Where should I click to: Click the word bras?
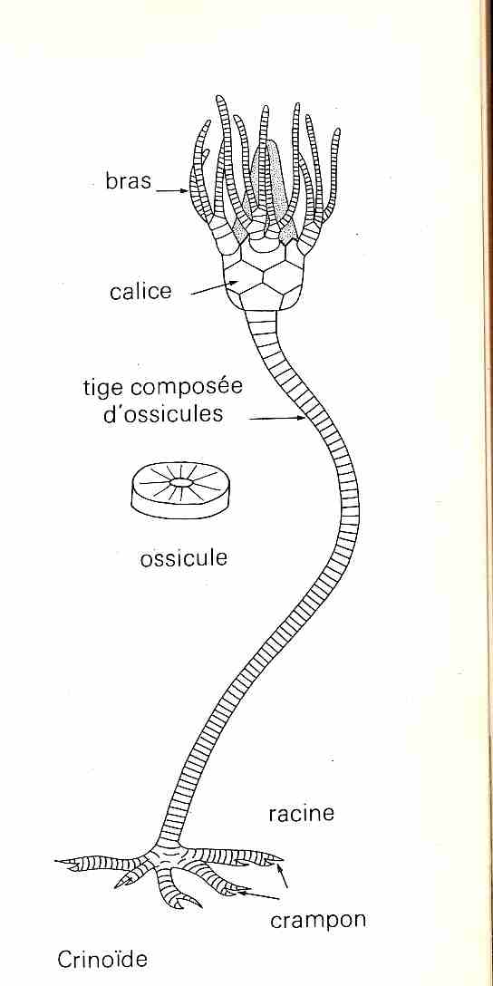pyautogui.click(x=129, y=181)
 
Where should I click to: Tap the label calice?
pyautogui.click(x=140, y=292)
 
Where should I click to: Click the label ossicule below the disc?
pyautogui.click(x=183, y=558)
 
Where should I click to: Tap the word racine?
pyautogui.click(x=301, y=814)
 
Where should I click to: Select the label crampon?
pyautogui.click(x=317, y=921)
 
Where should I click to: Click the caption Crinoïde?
pyautogui.click(x=102, y=960)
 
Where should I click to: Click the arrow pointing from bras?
pyautogui.click(x=171, y=189)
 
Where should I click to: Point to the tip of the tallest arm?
pyautogui.click(x=219, y=98)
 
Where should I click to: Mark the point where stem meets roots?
pyautogui.click(x=169, y=846)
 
